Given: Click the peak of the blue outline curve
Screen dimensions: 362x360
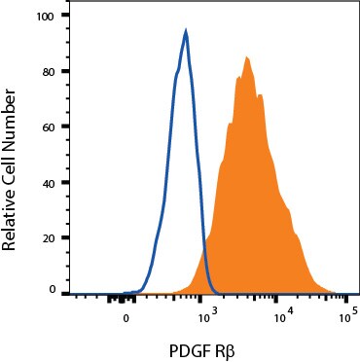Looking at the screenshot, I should coord(185,31).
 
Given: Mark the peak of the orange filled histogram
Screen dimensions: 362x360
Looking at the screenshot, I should coord(247,56).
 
